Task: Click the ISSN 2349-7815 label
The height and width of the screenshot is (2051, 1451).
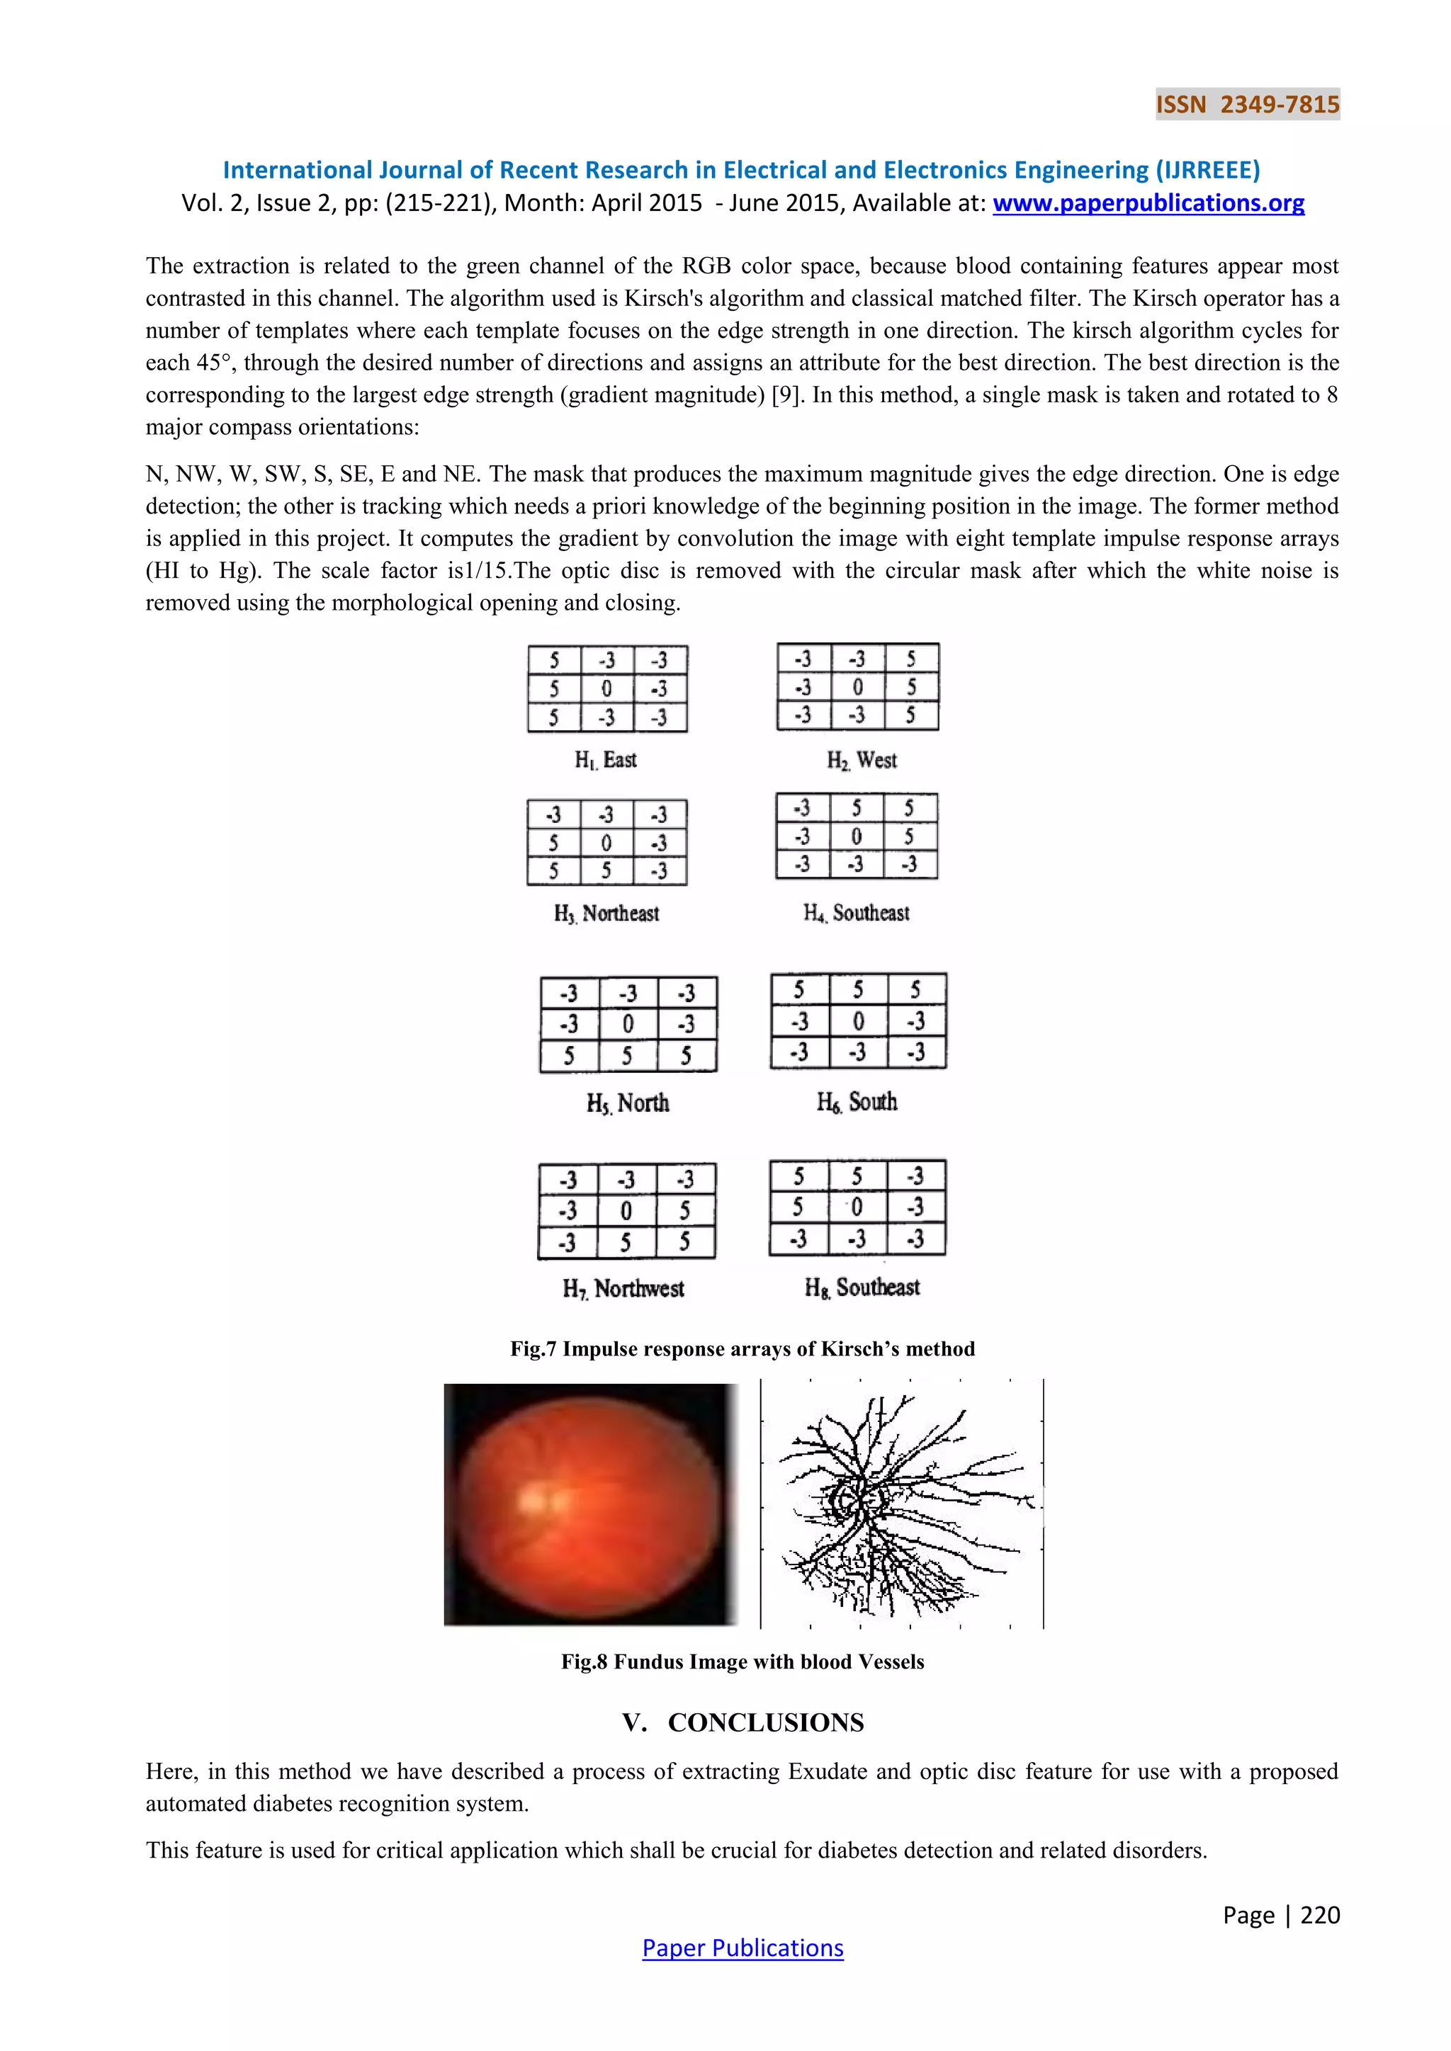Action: coord(1247,105)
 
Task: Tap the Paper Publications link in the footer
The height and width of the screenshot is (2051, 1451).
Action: coord(743,1948)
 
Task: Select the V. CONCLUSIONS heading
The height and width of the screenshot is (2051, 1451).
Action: coord(743,1723)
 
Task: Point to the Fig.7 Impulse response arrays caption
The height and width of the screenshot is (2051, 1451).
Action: coord(743,1349)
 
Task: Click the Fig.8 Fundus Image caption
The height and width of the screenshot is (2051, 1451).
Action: coord(743,1661)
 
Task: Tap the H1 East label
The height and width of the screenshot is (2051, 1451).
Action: coord(606,760)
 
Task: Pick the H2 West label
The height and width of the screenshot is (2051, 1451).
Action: coord(862,760)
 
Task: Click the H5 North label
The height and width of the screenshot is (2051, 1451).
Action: coord(627,1103)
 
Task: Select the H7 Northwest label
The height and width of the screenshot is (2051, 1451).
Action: coord(623,1288)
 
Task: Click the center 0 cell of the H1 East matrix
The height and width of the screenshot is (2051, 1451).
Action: coord(606,688)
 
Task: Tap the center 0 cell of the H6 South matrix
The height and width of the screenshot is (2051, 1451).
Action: coord(858,1020)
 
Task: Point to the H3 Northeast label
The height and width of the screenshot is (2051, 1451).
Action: coord(606,913)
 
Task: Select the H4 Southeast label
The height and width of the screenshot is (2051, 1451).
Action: coord(856,913)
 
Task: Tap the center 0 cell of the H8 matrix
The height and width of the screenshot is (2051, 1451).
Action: coord(857,1208)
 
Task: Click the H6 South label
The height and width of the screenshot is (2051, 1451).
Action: coord(856,1102)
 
